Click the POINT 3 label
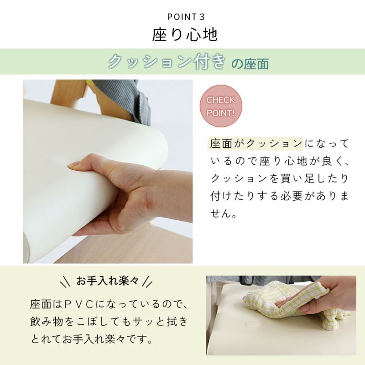point(186,17)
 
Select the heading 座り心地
point(185,35)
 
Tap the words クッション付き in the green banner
point(167,62)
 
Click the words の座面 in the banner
point(250,64)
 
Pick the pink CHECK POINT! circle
point(221,106)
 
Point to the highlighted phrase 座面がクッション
point(255,144)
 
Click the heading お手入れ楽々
point(107,281)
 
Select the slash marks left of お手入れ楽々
point(65,281)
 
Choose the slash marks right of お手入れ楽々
point(147,281)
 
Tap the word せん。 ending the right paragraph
point(224,213)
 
